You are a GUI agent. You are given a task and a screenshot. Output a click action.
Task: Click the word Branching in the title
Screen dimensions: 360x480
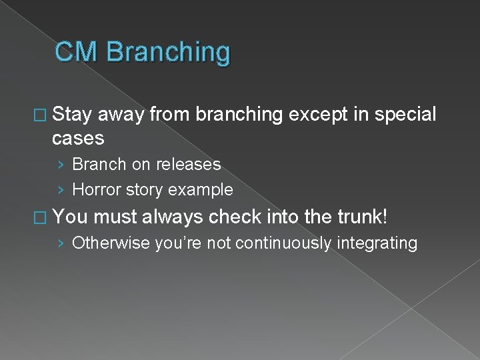[168, 53]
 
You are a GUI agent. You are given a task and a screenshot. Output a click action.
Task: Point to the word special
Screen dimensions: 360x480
[405, 115]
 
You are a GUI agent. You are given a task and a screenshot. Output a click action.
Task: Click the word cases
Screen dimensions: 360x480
[78, 138]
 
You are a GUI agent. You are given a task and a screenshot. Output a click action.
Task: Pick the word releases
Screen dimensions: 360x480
[189, 164]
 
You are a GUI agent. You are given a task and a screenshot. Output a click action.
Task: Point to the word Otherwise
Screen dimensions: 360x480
[111, 243]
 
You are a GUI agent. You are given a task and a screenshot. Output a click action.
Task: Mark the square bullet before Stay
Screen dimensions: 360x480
[45, 115]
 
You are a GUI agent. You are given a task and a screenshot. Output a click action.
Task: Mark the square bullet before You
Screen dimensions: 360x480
[45, 217]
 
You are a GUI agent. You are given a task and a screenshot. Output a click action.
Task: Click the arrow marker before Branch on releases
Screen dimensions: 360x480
[61, 165]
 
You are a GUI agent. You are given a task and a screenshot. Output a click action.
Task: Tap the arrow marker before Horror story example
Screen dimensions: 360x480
[61, 191]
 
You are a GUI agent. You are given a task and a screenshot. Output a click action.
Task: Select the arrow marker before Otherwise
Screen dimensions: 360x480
[61, 244]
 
